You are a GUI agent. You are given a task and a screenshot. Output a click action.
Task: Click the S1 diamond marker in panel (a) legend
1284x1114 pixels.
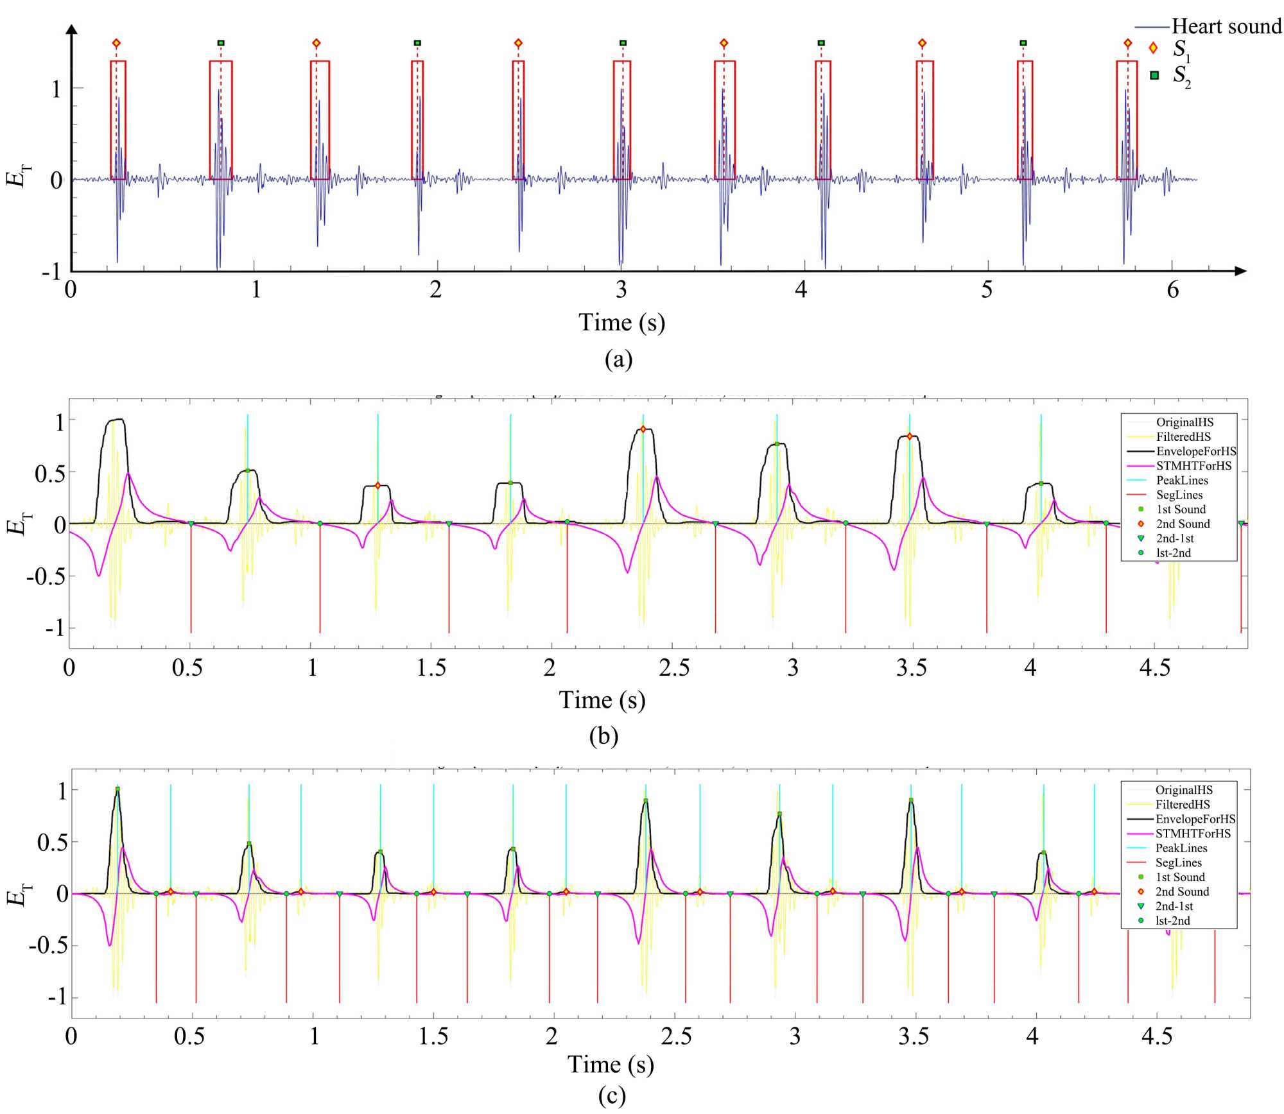(1154, 49)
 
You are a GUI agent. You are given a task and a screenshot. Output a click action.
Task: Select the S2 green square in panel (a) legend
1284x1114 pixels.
(1154, 75)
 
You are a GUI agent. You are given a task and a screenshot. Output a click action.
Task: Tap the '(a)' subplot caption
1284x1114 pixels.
(618, 359)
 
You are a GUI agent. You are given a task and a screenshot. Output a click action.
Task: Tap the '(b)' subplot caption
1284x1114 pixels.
(603, 735)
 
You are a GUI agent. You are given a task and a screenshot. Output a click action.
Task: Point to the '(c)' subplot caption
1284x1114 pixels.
(611, 1096)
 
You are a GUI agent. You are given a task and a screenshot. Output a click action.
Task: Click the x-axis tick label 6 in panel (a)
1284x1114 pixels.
(1172, 290)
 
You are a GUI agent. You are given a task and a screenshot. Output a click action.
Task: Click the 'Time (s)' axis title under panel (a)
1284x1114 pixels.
(621, 322)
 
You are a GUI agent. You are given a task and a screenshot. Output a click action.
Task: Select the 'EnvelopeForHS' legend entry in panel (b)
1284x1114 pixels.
(1195, 451)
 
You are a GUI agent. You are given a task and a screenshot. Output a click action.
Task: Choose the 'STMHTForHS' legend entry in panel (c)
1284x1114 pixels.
(1193, 834)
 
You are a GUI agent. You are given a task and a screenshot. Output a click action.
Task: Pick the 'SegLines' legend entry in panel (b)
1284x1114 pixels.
(1179, 495)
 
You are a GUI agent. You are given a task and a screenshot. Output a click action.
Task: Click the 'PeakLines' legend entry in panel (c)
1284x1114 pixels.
(1181, 848)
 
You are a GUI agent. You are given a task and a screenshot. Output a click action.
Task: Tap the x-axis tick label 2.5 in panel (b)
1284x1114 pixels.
(673, 668)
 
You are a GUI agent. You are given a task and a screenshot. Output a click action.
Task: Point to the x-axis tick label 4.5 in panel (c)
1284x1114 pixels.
(1156, 1036)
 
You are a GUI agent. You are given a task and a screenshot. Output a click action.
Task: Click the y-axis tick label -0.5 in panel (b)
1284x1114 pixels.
(45, 576)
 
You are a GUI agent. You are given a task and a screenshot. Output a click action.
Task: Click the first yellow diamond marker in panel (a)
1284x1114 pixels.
(116, 44)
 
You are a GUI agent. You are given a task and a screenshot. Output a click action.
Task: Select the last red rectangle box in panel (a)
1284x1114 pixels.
(1127, 120)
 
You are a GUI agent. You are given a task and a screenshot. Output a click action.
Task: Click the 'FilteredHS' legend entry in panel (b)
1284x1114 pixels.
(1183, 437)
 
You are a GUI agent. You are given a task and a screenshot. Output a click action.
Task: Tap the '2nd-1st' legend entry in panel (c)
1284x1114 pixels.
(1174, 906)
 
